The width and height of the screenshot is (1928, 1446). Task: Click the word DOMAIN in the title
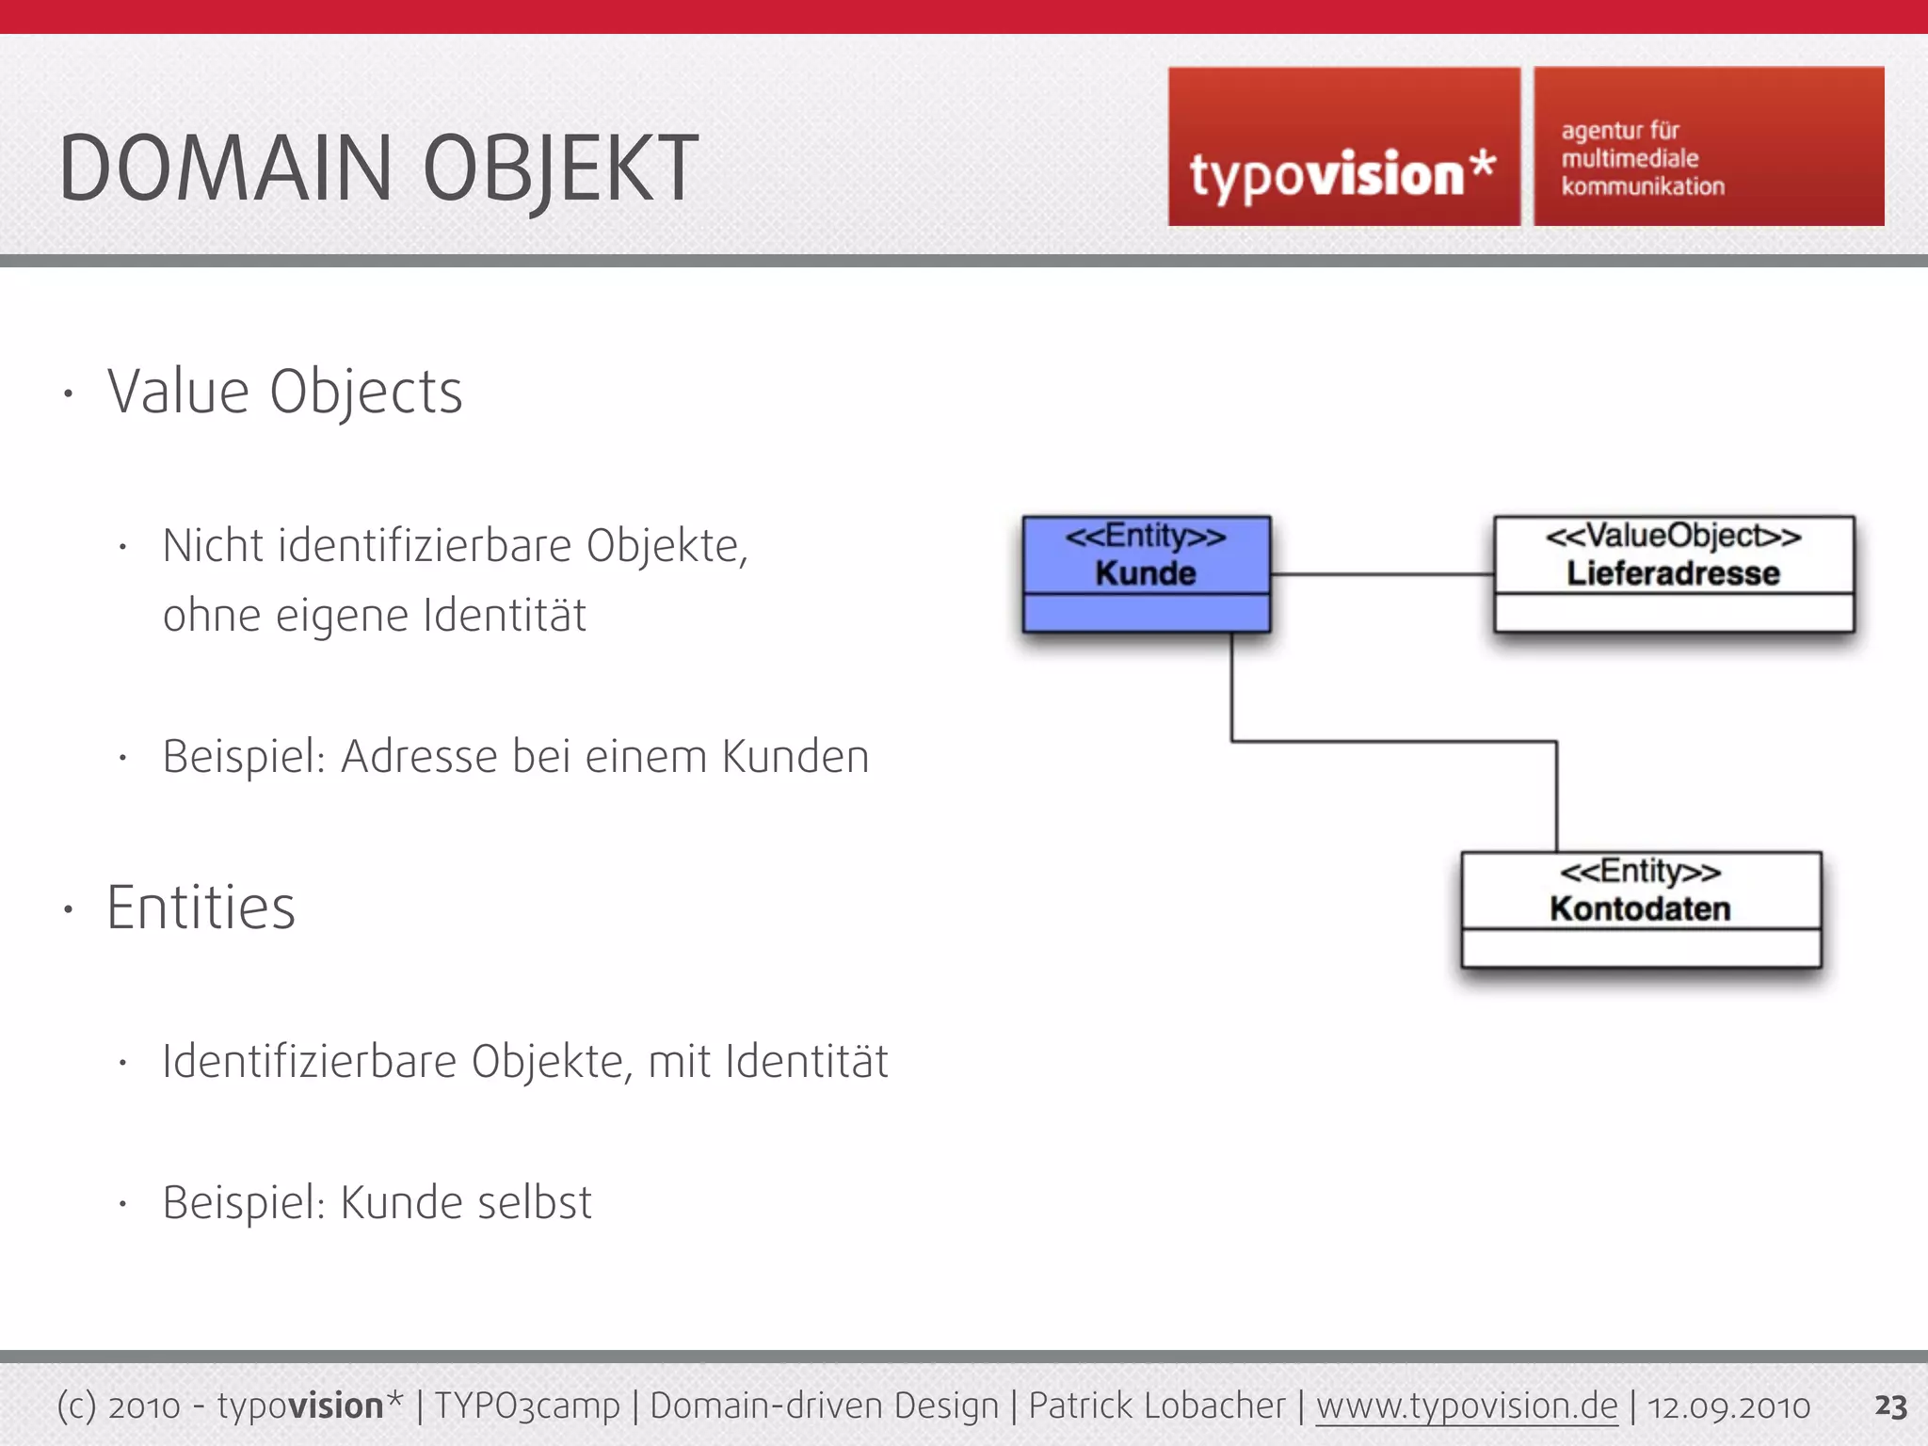(224, 169)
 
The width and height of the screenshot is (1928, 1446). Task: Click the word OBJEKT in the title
(560, 169)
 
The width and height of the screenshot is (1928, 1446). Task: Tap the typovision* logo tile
(1343, 148)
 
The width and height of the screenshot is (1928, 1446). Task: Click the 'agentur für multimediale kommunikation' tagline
(1643, 158)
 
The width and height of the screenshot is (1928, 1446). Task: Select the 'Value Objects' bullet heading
(284, 392)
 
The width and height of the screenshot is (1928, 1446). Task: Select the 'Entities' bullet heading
(201, 908)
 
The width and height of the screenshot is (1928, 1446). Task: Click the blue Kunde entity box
(1146, 574)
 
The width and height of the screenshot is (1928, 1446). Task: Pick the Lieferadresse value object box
(1673, 574)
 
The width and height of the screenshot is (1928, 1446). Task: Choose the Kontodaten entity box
(1640, 909)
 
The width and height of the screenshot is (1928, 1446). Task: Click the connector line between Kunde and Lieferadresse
(1381, 573)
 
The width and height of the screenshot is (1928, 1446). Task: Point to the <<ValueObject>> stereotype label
(1673, 536)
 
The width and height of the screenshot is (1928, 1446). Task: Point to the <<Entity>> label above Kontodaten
(1640, 871)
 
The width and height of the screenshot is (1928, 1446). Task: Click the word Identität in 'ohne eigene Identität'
(505, 616)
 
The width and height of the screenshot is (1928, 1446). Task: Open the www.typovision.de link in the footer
(1466, 1406)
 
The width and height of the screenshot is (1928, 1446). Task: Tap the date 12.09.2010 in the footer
(1728, 1406)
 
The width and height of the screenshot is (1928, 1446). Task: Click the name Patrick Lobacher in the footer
(1156, 1406)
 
